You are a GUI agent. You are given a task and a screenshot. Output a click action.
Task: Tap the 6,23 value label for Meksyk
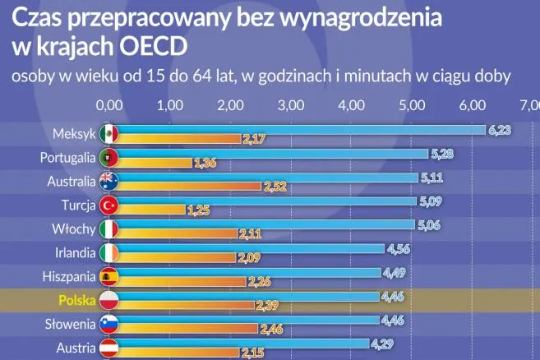pos(500,130)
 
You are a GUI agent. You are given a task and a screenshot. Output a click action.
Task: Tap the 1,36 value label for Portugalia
pos(204,164)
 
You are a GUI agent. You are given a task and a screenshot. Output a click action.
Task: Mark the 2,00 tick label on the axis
pos(230,105)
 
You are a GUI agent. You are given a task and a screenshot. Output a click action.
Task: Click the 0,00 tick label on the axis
pos(109,105)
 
